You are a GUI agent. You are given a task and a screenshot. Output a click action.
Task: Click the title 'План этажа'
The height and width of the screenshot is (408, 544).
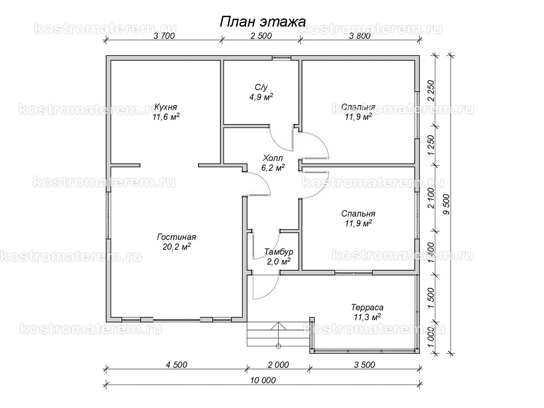coord(262,22)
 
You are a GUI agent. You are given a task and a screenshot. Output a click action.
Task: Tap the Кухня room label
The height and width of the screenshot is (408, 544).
coord(165,107)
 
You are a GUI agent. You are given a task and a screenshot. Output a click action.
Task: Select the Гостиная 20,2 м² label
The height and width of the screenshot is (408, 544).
coord(176,242)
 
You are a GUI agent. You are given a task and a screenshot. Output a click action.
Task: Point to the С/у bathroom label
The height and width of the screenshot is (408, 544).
coord(261,87)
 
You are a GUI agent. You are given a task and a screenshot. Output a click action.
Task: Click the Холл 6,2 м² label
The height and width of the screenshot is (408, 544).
coord(273,163)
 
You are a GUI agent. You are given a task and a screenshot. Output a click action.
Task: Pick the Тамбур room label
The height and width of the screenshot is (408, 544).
coord(278,252)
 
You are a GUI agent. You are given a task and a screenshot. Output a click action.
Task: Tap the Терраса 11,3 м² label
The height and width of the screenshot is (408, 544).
coord(367,312)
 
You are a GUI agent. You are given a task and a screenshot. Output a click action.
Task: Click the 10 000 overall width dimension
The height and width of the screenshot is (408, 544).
coord(262,380)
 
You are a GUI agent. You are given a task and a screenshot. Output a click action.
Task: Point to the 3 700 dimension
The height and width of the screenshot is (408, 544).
coord(164,36)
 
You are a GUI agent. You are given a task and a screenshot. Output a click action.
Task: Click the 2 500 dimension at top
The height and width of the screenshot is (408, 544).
coord(261,36)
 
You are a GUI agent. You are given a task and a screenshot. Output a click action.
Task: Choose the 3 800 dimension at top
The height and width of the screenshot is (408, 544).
coord(359,36)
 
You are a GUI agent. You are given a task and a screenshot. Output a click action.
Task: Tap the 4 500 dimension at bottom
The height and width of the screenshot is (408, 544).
coord(176,365)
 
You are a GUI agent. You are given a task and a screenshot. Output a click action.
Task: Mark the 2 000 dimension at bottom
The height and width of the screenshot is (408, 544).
coord(278,365)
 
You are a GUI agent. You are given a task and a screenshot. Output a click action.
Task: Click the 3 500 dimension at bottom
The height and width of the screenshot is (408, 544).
coord(364,365)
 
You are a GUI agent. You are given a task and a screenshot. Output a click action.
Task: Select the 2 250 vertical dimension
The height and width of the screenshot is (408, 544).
coord(431,91)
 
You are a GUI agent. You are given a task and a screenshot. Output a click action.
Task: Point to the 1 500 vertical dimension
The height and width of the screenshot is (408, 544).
coord(431,298)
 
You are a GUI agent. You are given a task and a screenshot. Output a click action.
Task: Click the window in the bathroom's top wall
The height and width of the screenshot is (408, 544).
coord(282,58)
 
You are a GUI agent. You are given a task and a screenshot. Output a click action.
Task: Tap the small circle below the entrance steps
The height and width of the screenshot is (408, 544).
coord(278,346)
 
